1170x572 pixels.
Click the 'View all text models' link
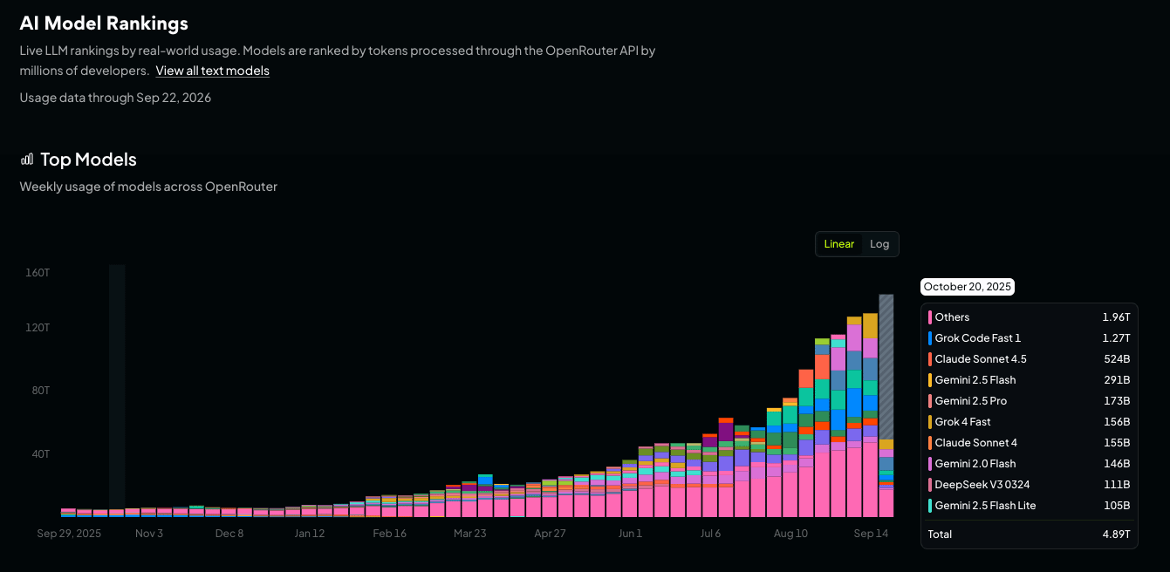[x=213, y=71]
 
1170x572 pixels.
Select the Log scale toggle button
[x=879, y=244]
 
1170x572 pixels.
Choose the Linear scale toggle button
[x=838, y=244]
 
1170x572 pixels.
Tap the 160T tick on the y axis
[x=38, y=272]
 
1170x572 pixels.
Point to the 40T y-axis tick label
[x=41, y=453]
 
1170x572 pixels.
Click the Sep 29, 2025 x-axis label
[x=69, y=534]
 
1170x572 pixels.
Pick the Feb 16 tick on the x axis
[x=390, y=534]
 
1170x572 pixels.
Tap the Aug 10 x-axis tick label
[x=790, y=534]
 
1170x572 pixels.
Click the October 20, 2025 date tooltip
[x=968, y=287]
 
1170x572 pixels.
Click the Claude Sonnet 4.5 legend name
[x=981, y=359]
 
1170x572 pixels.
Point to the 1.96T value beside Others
[x=1116, y=317]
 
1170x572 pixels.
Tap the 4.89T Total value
[x=1116, y=535]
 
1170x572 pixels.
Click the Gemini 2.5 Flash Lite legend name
[x=985, y=505]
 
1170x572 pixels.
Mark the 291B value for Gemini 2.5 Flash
[x=1117, y=380]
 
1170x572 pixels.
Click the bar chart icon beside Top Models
[x=27, y=160]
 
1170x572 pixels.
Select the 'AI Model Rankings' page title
[x=104, y=23]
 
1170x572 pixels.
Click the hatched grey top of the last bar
[x=886, y=367]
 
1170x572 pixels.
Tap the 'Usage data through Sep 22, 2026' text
[x=115, y=98]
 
